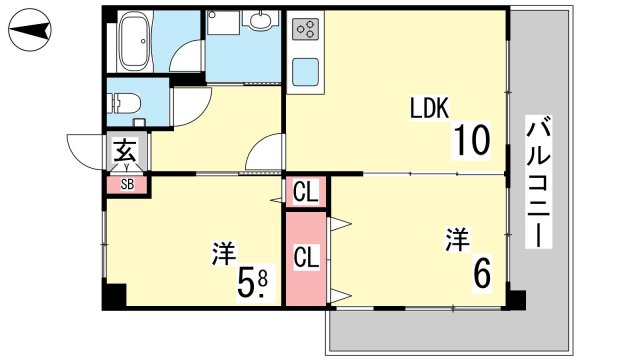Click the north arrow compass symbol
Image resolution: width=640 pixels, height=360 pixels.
pos(29,30)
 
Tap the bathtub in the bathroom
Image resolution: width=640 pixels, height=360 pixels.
pos(134,41)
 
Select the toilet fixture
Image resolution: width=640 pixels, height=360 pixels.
pos(124,104)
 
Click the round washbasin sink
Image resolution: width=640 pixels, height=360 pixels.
pos(259,19)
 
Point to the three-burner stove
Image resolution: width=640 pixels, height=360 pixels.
pos(306,29)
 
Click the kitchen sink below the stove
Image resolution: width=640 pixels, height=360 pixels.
pos(306,72)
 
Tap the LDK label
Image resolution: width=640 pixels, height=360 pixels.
pos(429,108)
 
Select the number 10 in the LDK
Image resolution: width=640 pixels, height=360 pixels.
pos(471,140)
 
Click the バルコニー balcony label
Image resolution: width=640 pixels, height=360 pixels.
pos(538,182)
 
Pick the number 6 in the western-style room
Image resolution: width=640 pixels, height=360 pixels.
pos(482,273)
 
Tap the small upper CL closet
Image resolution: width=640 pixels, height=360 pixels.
pos(306,192)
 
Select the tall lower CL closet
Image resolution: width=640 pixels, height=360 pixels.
pos(306,258)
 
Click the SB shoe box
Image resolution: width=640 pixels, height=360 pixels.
pos(127,184)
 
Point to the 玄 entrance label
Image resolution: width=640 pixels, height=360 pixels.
pos(124,150)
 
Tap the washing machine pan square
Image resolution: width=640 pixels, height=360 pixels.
pos(223,23)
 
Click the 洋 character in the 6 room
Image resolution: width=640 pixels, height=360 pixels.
pos(457,239)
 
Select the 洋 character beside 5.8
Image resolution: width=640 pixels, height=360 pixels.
pos(224,254)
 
